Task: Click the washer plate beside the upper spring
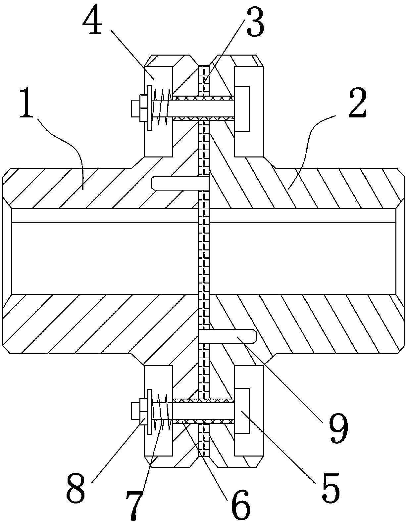coord(149,108)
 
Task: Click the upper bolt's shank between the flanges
coord(202,108)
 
